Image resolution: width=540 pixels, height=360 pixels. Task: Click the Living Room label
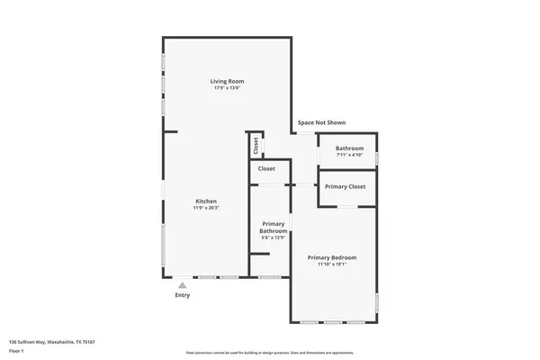coord(228,82)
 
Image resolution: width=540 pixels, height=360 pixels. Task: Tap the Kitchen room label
coord(206,201)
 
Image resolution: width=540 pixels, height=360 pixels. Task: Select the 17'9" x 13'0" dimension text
coord(228,89)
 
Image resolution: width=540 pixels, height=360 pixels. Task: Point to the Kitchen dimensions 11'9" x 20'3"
coord(206,208)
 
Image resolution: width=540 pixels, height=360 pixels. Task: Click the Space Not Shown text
coord(321,122)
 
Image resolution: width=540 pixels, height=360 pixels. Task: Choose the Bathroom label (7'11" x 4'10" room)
coord(349,148)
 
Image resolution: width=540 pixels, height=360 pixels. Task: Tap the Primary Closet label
coord(345,186)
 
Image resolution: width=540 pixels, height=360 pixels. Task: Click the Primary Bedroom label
coord(331,257)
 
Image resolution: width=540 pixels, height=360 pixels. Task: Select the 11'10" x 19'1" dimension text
coord(331,265)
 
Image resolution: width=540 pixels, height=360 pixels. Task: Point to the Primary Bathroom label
coord(273,227)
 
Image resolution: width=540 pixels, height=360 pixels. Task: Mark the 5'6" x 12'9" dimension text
coord(273,238)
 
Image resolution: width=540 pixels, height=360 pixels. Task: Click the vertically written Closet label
coord(256,145)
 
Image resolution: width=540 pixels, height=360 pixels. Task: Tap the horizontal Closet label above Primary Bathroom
coord(266,168)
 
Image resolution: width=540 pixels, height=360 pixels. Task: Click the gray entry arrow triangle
coord(182,284)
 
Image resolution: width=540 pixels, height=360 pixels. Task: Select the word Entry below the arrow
coord(182,295)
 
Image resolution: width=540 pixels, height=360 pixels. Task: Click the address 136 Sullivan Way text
coord(52,342)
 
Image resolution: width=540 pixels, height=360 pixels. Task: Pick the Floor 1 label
coord(17,350)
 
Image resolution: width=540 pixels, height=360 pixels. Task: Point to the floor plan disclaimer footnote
coord(270,353)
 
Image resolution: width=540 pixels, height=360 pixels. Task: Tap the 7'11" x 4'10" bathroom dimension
coord(349,156)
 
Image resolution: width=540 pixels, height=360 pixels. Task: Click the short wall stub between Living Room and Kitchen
coord(170,131)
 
